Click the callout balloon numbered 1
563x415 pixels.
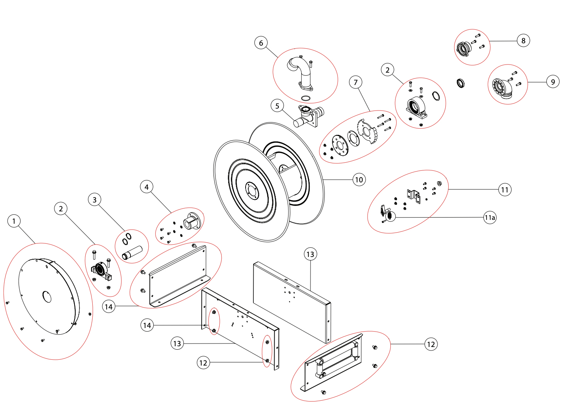(x=14, y=221)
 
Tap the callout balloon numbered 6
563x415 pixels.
(x=261, y=43)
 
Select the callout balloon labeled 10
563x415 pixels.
(x=359, y=180)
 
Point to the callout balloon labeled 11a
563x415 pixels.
(x=490, y=218)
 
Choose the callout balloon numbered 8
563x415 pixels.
(x=523, y=41)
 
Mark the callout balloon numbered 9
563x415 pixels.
(x=553, y=82)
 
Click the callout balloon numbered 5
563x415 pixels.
(x=277, y=106)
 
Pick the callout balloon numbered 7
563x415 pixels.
(x=356, y=82)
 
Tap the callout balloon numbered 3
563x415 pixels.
(x=95, y=200)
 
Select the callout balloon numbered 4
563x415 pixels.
(x=146, y=187)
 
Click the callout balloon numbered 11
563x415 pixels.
(x=505, y=190)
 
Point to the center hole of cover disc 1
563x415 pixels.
(x=47, y=297)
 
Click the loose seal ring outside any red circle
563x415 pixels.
(x=461, y=83)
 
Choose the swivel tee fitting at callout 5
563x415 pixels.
(x=309, y=116)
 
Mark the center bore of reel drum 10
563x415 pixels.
(x=252, y=191)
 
